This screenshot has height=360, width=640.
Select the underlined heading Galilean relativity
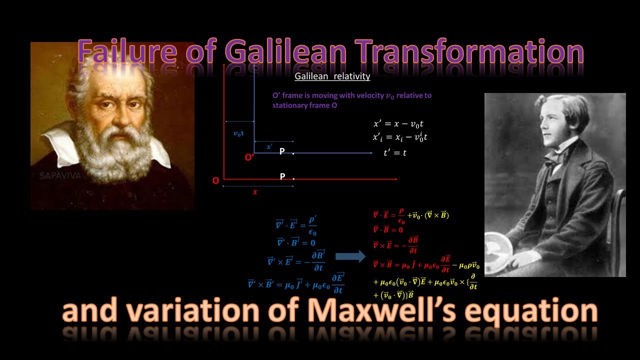click(332, 76)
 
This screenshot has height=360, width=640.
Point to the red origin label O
click(215, 180)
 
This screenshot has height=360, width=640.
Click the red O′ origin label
click(249, 157)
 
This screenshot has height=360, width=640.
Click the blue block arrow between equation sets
click(350, 256)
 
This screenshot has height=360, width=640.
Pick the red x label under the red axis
click(255, 191)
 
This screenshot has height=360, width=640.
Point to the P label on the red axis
click(282, 176)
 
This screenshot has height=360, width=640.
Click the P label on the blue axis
click(282, 151)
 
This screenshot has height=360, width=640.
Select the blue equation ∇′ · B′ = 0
click(296, 242)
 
